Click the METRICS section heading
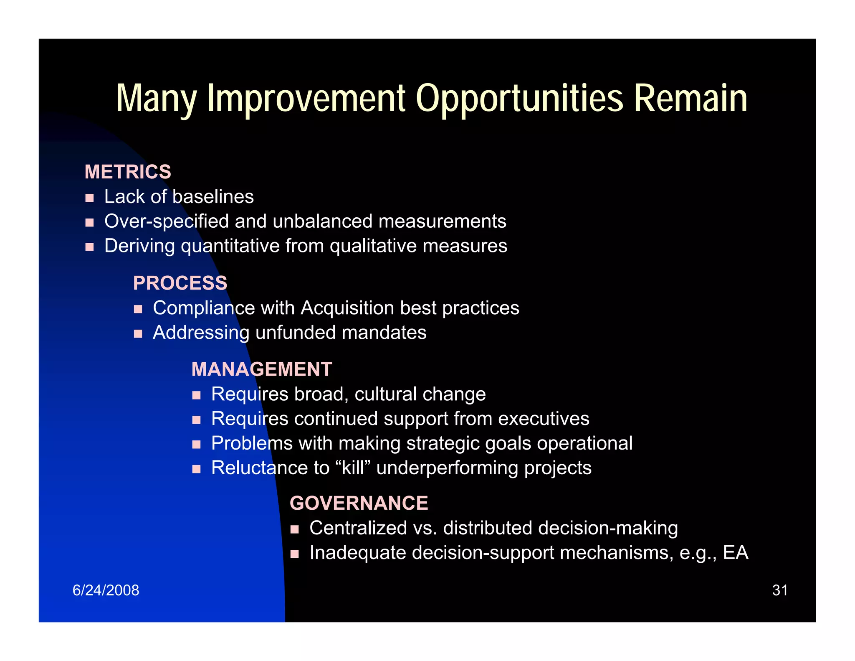click(x=128, y=172)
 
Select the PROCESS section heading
click(x=180, y=283)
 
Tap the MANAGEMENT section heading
click(x=261, y=369)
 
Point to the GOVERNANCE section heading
click(x=359, y=503)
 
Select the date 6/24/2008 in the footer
click(x=106, y=590)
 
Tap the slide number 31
click(x=779, y=590)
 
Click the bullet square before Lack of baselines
click(x=89, y=198)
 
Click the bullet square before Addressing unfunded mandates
click(x=138, y=334)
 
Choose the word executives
click(x=544, y=419)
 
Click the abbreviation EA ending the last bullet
click(x=736, y=553)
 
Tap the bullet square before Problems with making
click(x=197, y=445)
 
